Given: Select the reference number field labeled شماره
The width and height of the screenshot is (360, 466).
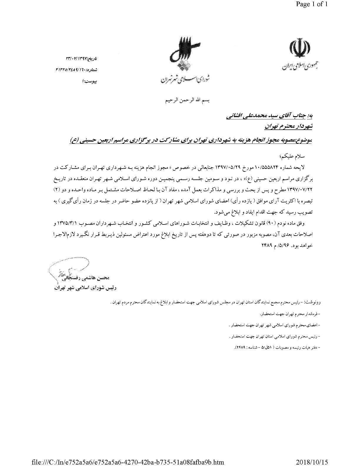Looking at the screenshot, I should pos(76,70).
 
